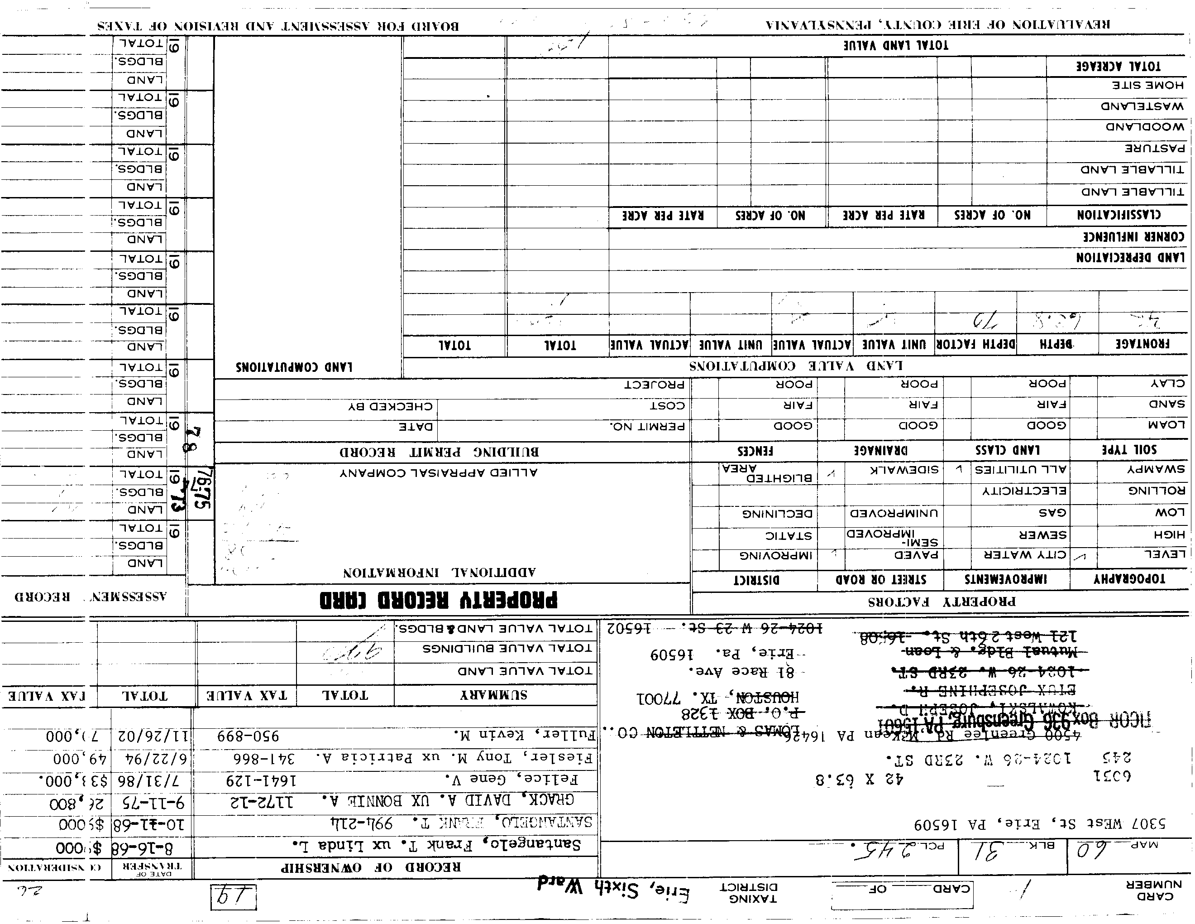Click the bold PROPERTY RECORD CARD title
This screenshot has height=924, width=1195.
pyautogui.click(x=438, y=600)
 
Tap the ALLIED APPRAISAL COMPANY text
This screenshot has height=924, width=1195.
pyautogui.click(x=439, y=472)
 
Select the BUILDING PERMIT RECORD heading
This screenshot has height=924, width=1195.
pyautogui.click(x=439, y=452)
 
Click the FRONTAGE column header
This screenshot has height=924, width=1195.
pyautogui.click(x=1142, y=344)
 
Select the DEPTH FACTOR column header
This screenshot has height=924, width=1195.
pyautogui.click(x=975, y=344)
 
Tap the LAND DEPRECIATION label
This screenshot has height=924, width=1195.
pyautogui.click(x=1130, y=258)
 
